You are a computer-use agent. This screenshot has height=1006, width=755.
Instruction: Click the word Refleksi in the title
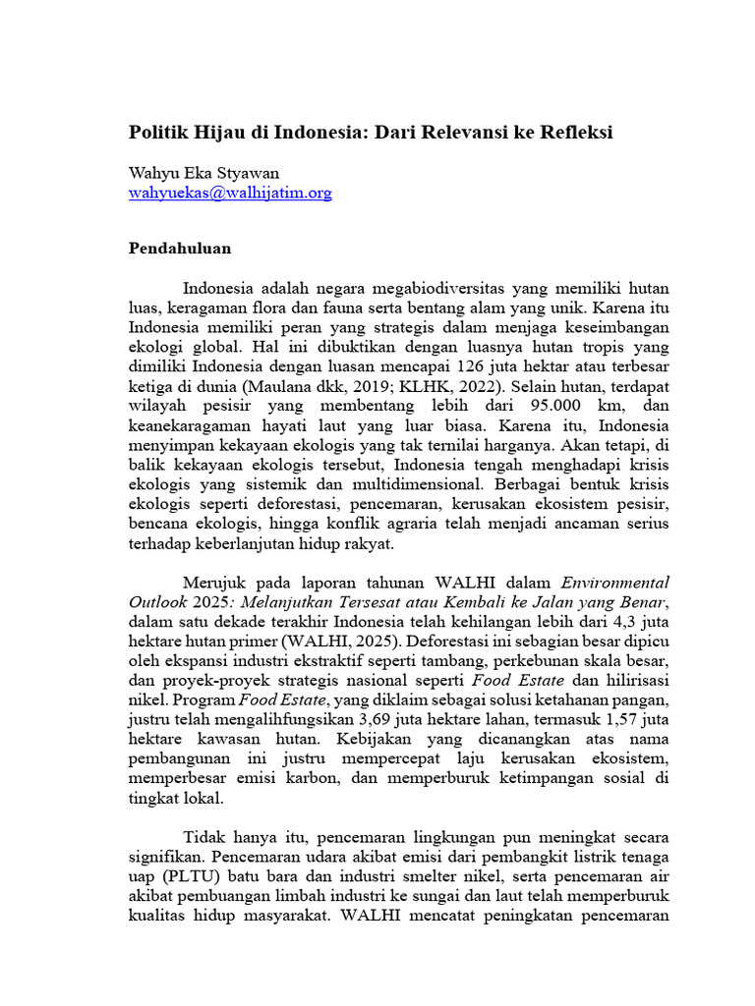pyautogui.click(x=573, y=132)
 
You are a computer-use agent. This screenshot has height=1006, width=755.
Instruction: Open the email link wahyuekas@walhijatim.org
pyautogui.click(x=230, y=194)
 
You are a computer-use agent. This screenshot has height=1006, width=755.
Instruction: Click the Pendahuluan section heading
pyautogui.click(x=180, y=249)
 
